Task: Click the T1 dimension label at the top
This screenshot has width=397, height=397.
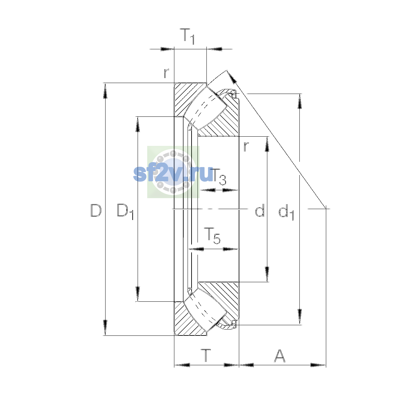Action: click(187, 36)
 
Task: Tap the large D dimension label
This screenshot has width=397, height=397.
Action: click(96, 210)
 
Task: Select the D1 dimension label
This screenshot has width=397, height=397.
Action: click(125, 212)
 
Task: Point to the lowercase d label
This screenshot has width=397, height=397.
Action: click(260, 210)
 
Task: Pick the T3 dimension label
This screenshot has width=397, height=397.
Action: click(219, 177)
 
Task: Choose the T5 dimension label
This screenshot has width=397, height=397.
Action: click(212, 236)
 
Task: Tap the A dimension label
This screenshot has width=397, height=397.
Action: click(280, 356)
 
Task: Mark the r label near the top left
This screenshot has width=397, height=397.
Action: click(166, 73)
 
